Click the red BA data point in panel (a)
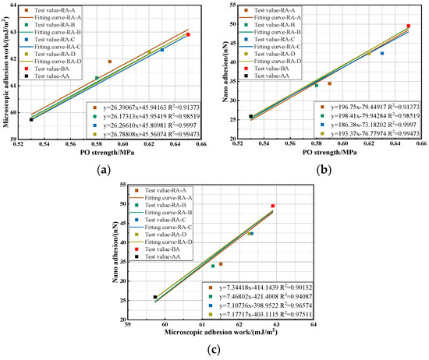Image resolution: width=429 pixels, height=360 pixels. coord(188,34)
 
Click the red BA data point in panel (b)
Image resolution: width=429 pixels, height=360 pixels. coord(408,26)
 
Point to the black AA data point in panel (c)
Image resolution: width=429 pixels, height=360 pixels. coord(155,297)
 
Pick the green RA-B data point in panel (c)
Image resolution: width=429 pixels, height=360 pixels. coord(213,266)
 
